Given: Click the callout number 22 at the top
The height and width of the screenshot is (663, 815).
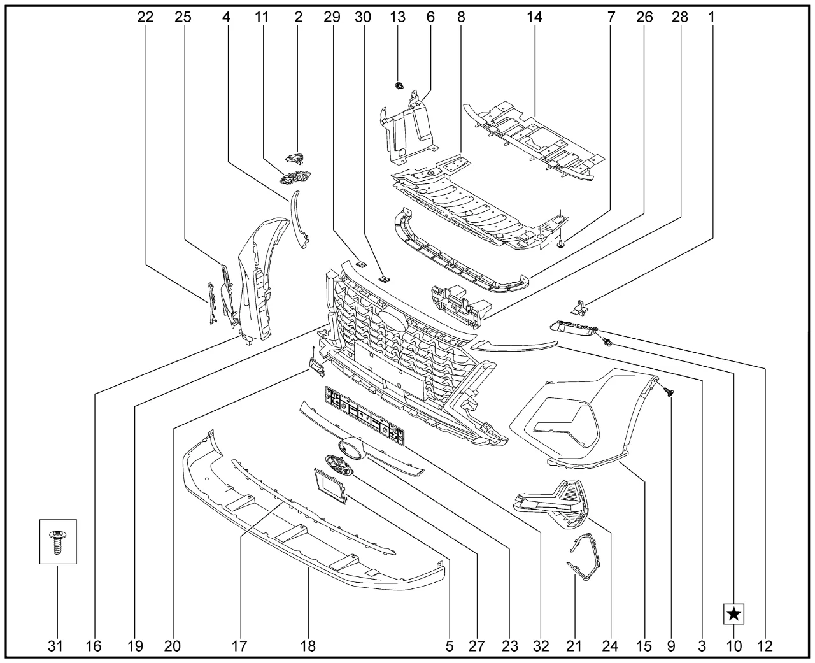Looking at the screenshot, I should [x=146, y=17].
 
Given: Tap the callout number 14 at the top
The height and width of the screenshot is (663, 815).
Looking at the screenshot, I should [x=534, y=17].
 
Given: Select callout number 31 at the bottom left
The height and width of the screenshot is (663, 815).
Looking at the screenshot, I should [x=56, y=646].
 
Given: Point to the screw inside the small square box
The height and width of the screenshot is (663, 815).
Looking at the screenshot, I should [x=58, y=541].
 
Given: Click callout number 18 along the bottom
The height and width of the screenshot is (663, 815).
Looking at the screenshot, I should [x=308, y=646].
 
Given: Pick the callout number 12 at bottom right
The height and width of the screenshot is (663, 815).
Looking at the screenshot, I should [x=765, y=646].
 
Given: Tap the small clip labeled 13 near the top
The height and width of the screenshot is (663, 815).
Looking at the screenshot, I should [x=399, y=86].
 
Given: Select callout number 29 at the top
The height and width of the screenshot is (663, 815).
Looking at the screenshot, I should [x=332, y=17].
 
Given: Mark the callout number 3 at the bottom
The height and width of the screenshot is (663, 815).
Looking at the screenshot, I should [x=702, y=646].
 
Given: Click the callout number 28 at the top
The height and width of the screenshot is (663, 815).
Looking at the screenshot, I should [x=679, y=17].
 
